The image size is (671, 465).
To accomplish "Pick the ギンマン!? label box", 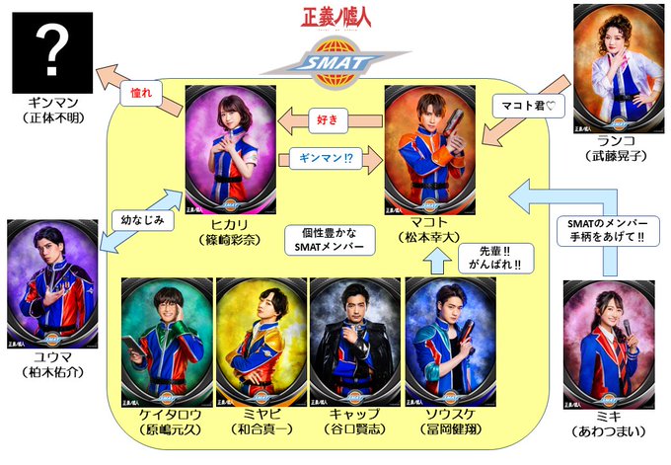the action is point(326,155).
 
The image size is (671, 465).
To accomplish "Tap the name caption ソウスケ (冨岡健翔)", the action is point(450,425).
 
